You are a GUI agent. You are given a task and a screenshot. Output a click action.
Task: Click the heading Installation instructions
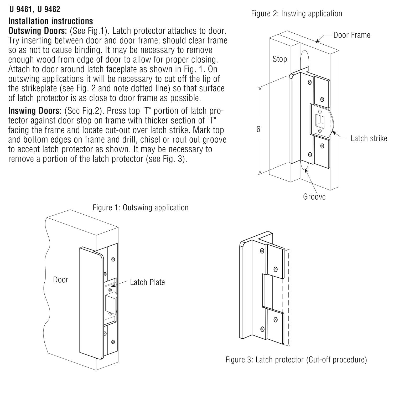[51, 21]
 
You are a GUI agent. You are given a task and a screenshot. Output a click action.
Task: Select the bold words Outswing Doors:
[38, 31]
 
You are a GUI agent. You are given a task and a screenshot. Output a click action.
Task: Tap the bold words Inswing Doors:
[35, 111]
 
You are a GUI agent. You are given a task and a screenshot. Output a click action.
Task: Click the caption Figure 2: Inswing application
[296, 14]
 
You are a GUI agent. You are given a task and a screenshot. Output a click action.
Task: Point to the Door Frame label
[352, 35]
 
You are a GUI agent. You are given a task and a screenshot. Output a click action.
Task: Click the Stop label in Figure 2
[279, 59]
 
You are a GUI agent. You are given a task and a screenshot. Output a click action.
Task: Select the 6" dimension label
[259, 129]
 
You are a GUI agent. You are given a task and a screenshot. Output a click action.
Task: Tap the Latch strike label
[369, 138]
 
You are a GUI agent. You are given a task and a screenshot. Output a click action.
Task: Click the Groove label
[314, 197]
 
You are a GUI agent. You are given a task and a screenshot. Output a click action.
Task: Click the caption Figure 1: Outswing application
[141, 208]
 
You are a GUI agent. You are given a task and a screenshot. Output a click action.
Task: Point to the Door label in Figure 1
[60, 280]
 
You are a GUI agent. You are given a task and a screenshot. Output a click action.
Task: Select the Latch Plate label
[147, 282]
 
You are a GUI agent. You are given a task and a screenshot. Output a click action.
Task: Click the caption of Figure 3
[296, 360]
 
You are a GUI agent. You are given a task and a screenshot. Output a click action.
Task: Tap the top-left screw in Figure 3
[262, 251]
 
